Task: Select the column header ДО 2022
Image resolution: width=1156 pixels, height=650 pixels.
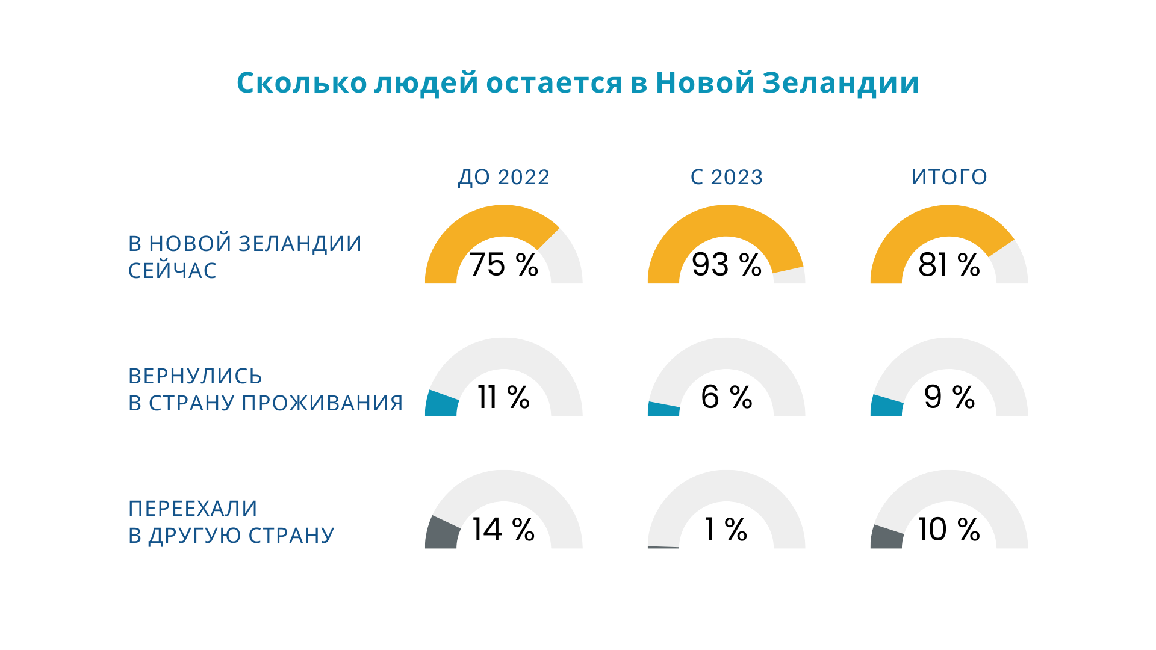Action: point(504,177)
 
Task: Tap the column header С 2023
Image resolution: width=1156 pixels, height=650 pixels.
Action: point(727,177)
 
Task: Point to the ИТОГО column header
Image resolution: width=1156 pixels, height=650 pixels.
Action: point(949,177)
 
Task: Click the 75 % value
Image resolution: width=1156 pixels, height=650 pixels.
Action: point(503,265)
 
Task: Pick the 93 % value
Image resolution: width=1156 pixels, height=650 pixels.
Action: point(727,265)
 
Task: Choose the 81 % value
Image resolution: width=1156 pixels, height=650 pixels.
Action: point(949,265)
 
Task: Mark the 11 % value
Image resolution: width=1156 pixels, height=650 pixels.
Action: point(503,397)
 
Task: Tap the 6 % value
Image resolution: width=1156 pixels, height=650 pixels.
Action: point(727,397)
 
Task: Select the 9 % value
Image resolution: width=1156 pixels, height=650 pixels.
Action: point(949,397)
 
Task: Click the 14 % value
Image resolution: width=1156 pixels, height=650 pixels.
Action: point(503,530)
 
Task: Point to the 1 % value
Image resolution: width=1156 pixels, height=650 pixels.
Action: point(727,530)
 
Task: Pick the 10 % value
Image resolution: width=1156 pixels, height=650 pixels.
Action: point(949,530)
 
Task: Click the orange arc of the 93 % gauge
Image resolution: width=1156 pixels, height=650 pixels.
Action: point(727,220)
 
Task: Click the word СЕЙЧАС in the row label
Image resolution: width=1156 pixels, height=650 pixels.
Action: point(172,271)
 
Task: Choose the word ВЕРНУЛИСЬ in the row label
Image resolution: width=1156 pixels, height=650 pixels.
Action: point(195,376)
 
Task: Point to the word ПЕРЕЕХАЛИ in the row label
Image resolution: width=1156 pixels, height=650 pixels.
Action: point(193,509)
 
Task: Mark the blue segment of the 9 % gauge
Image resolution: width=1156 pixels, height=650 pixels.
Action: point(886,406)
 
